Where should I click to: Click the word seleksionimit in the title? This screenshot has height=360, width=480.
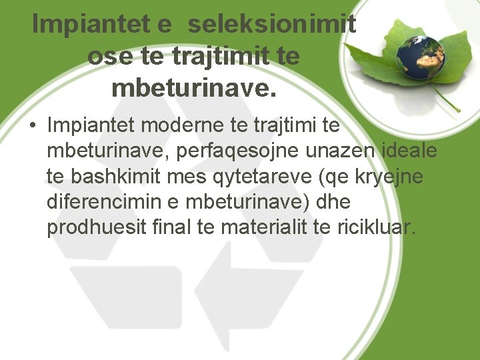271,25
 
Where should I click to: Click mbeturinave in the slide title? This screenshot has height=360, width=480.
193,87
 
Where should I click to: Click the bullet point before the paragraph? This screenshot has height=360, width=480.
32,125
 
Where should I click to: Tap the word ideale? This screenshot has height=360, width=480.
409,151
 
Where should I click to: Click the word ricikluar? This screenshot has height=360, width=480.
380,228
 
